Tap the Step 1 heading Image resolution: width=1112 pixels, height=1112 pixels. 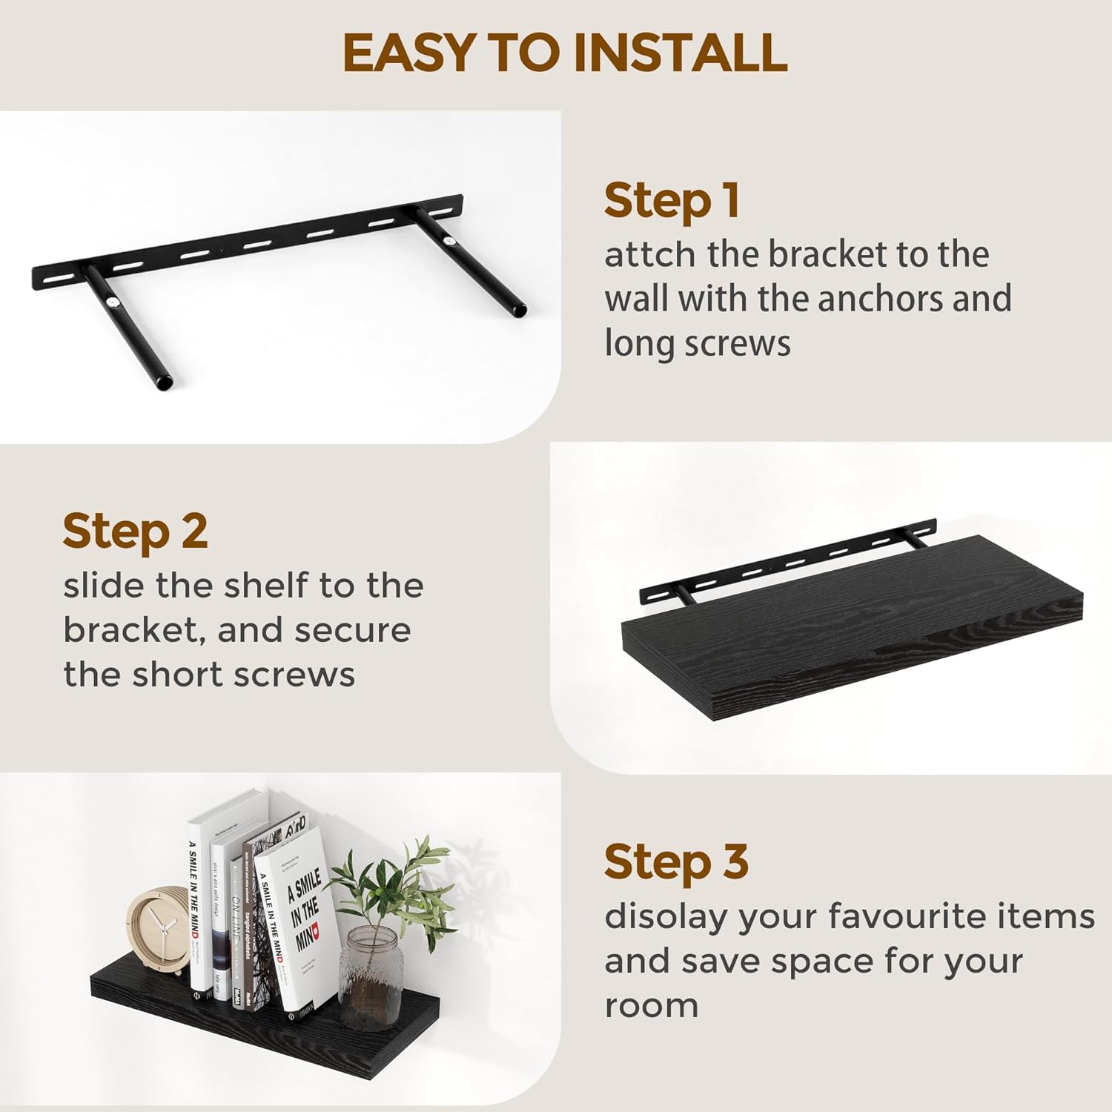(x=672, y=201)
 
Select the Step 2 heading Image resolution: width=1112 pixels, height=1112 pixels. (x=135, y=532)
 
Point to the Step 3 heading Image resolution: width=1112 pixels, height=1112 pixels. (x=676, y=862)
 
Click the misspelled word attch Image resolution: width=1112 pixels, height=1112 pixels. (x=650, y=255)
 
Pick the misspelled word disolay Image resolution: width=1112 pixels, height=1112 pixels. (x=666, y=918)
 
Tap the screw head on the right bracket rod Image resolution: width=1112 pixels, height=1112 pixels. (x=451, y=242)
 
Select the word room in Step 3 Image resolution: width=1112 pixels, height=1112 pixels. (x=651, y=1007)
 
